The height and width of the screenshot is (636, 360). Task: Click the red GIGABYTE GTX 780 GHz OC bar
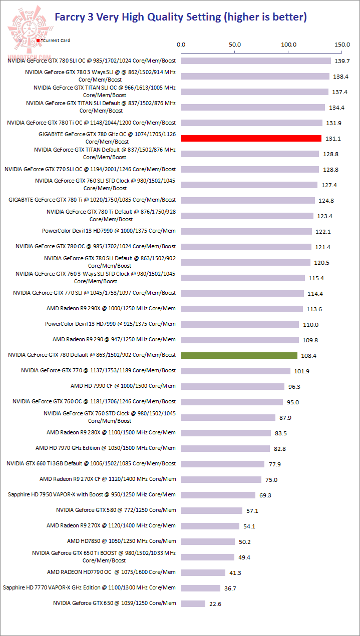pos(251,139)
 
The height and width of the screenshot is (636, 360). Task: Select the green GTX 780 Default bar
pos(239,355)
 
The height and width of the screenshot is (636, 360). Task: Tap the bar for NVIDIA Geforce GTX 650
pos(193,603)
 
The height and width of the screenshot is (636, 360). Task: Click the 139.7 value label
pos(342,61)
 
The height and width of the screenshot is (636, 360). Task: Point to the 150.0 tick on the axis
pos(342,45)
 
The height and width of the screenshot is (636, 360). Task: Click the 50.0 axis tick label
pos(235,45)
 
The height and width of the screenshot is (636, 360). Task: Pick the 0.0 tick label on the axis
pos(182,45)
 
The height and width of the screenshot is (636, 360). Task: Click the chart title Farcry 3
pos(180,17)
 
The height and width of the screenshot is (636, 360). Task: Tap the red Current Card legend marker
pos(38,40)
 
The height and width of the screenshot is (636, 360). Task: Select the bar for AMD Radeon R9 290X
pos(242,309)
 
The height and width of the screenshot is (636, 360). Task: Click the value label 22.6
pos(215,604)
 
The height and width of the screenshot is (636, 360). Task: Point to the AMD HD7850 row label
pos(121,541)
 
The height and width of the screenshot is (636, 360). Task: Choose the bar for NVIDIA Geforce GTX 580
pos(212,510)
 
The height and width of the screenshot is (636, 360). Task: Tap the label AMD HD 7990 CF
pos(123,386)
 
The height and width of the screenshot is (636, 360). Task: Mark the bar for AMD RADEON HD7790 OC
pos(203,572)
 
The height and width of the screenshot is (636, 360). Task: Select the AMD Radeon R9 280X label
pos(111,432)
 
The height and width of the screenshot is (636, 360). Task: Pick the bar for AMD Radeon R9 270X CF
pos(221,479)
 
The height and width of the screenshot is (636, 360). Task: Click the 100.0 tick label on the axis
pos(289,45)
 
